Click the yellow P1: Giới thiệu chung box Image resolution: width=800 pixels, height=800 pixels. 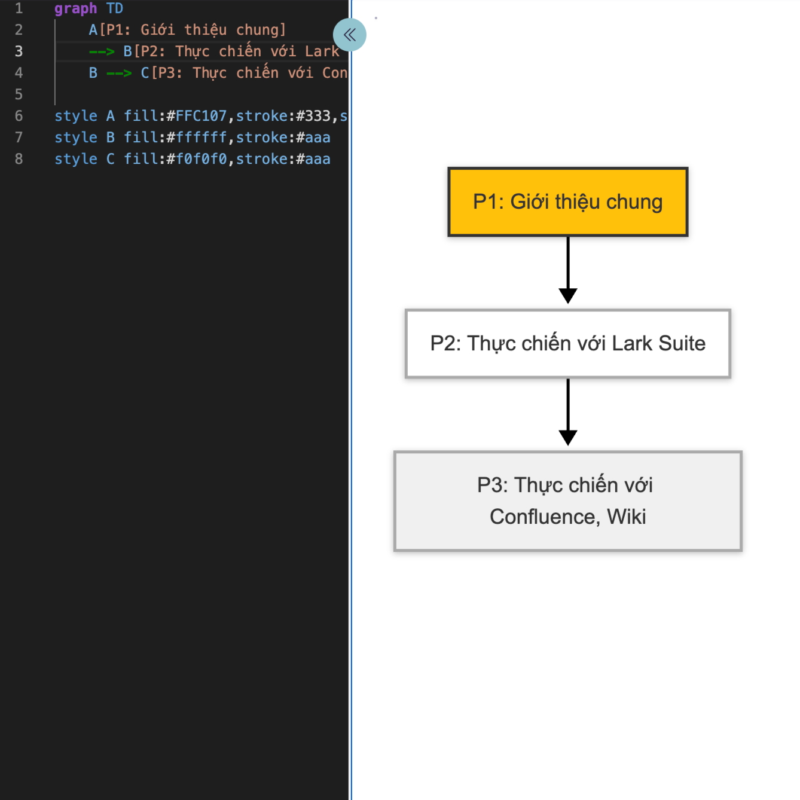(567, 202)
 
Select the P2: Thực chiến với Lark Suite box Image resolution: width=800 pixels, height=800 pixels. (567, 344)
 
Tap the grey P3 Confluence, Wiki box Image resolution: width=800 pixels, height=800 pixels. (567, 501)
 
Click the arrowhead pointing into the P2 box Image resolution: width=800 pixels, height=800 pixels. (567, 295)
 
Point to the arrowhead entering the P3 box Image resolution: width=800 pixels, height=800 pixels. (567, 437)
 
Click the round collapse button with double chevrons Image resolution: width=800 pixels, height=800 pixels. (350, 35)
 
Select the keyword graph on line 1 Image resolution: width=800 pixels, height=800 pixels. (75, 8)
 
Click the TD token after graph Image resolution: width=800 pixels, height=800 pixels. (115, 8)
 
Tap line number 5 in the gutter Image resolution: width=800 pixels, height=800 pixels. (19, 94)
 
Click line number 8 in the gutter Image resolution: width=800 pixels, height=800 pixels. (19, 159)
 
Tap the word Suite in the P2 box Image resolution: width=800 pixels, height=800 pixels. (682, 344)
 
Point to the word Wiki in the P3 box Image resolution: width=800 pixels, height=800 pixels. (627, 517)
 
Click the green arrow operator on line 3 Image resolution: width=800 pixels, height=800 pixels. (102, 51)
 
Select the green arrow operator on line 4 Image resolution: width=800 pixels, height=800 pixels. (119, 73)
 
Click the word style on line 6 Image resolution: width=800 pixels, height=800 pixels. (75, 116)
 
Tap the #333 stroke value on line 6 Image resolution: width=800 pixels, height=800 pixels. (313, 116)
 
